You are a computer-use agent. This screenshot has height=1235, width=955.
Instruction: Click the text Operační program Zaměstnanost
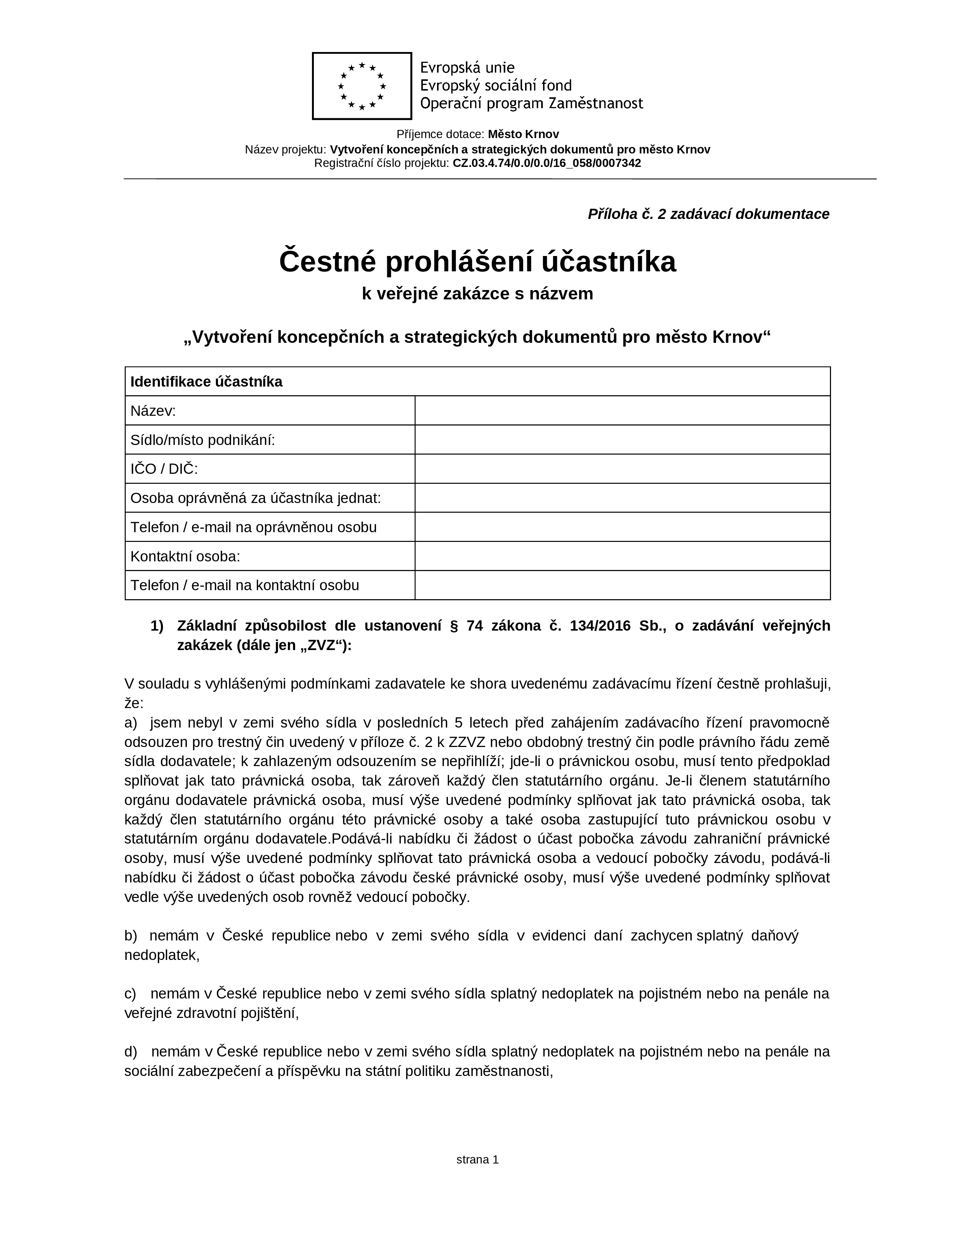531,104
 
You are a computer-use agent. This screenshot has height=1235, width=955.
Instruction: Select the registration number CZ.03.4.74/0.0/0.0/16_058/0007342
546,164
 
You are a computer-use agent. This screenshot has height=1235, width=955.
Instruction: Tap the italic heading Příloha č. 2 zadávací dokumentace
708,214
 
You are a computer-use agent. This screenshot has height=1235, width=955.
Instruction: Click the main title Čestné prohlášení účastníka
477,262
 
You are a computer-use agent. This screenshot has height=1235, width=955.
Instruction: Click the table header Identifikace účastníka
206,382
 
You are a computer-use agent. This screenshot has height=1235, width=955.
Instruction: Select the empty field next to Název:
622,411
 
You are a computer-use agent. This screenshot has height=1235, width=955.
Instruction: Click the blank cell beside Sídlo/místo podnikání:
622,440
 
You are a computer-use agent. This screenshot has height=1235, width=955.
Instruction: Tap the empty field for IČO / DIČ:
622,469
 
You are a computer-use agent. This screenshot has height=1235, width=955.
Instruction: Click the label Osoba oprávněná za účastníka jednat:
256,498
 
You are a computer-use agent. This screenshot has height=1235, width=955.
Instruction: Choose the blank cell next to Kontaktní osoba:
622,556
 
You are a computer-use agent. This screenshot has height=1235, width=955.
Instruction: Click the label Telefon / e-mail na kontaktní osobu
245,585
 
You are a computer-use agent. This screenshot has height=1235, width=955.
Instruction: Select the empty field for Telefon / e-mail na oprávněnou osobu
622,527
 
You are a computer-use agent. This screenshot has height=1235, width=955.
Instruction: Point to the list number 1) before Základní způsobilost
157,626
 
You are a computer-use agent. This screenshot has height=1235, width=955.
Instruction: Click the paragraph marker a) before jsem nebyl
131,723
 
